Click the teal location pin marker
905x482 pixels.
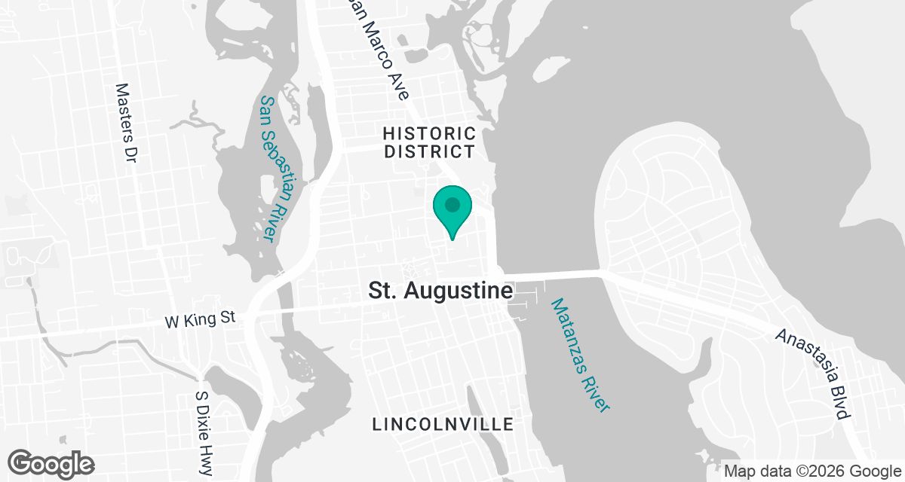coord(452,211)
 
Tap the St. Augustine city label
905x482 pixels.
coord(441,291)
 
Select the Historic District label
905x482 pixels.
coord(430,142)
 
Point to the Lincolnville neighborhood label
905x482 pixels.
coord(443,425)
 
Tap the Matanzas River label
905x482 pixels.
coord(579,355)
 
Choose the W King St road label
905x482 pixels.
coord(201,319)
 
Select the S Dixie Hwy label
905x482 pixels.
coord(203,432)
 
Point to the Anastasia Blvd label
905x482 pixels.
coord(814,374)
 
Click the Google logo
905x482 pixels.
coord(51,463)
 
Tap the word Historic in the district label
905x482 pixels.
coord(430,133)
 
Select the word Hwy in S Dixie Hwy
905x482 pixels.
coord(204,460)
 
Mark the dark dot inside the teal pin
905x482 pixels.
coord(452,204)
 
